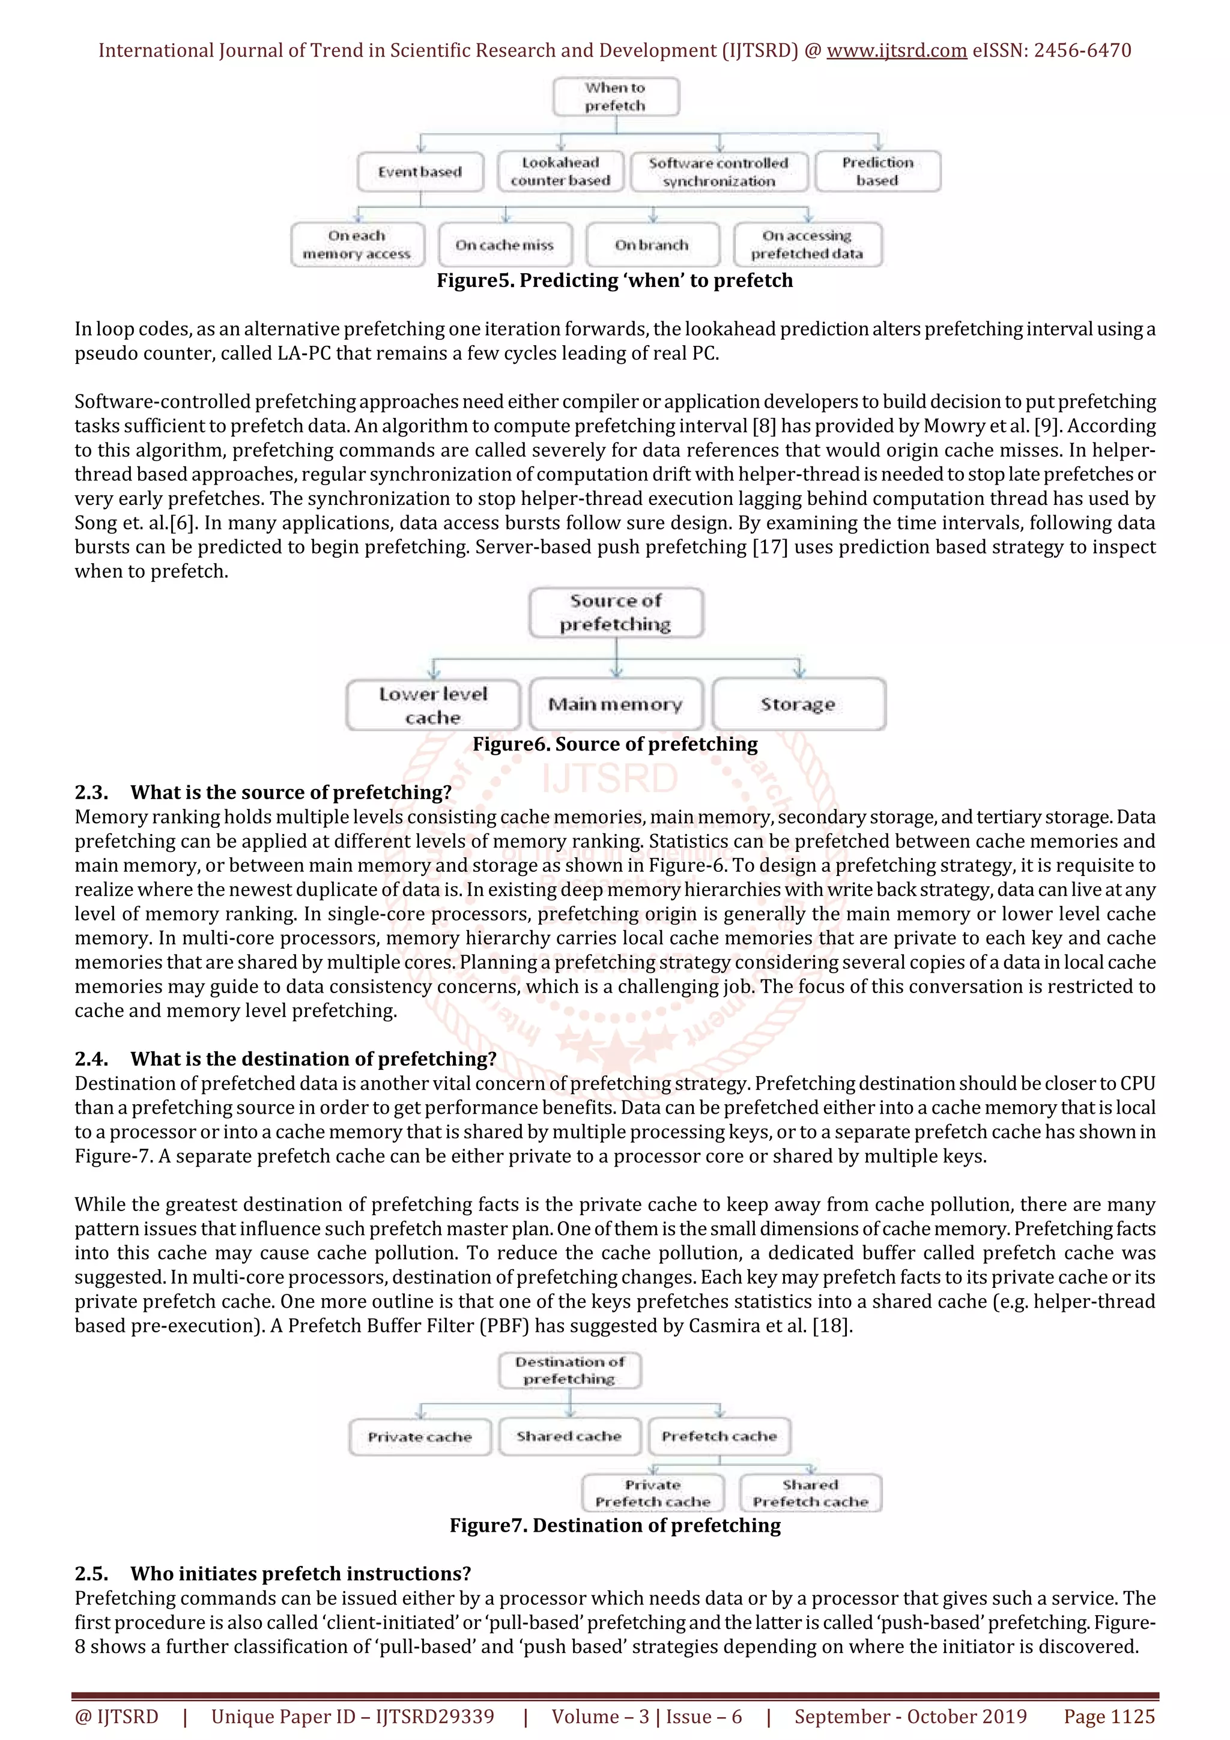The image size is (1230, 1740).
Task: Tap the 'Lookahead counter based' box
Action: click(x=560, y=171)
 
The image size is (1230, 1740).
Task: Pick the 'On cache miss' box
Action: click(x=504, y=245)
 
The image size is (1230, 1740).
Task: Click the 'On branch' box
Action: click(x=652, y=245)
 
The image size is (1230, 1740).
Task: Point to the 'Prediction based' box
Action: click(x=877, y=171)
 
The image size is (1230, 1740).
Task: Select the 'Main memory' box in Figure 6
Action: click(x=616, y=704)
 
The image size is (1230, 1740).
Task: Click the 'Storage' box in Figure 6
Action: click(x=798, y=704)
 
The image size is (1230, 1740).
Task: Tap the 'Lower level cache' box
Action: click(x=433, y=705)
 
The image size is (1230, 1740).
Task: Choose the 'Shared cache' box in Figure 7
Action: click(x=569, y=1436)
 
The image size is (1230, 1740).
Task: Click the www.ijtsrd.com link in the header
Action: click(x=896, y=51)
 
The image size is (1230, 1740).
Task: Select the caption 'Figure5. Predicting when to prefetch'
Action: click(x=614, y=280)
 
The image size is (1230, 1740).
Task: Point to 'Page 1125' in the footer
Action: click(x=1109, y=1717)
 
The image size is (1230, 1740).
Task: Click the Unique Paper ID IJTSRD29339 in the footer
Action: click(x=353, y=1717)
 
